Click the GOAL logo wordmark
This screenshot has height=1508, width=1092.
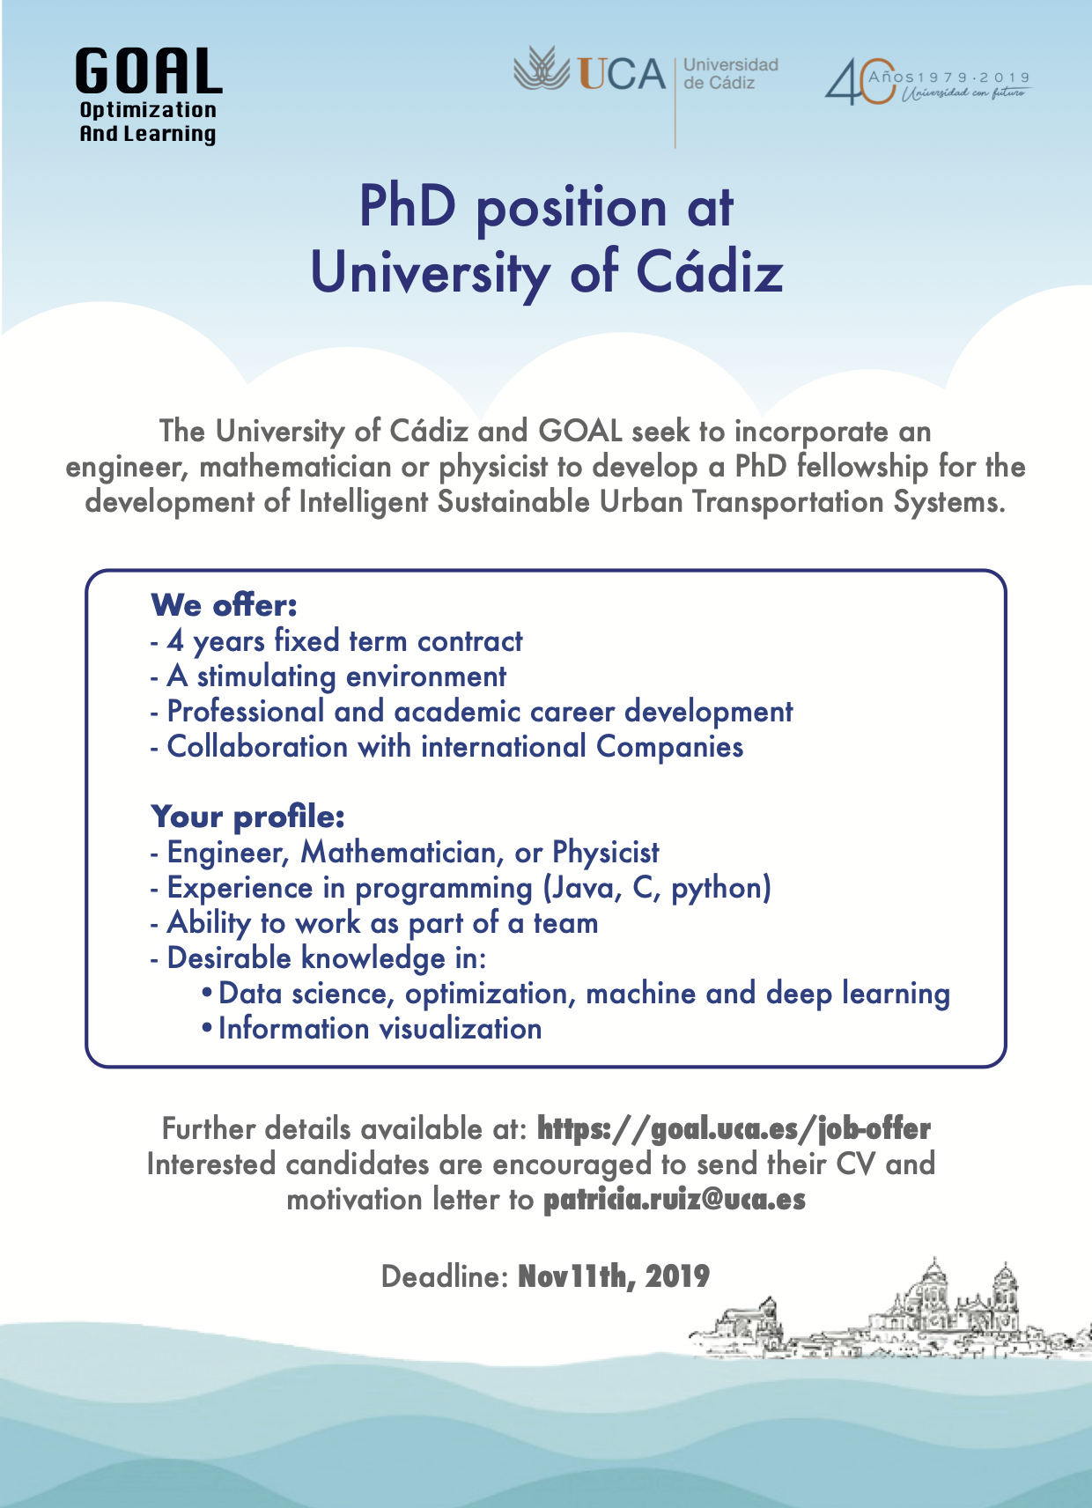coord(148,72)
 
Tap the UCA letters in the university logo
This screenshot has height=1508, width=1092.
coord(622,74)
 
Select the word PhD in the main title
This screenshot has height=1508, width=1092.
coord(407,208)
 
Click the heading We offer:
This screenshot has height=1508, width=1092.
coord(224,606)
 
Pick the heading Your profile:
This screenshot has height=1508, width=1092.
coord(247,817)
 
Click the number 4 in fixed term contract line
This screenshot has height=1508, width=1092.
coord(175,641)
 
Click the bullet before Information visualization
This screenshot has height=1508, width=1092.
coord(207,1029)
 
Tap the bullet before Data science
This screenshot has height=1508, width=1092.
coord(207,994)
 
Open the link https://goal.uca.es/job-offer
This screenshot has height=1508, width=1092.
coord(734,1129)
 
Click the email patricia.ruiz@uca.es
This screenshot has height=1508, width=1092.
coord(674,1200)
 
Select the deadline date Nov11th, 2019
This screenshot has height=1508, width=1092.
coord(613,1276)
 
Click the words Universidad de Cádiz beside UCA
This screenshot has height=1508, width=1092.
coord(730,74)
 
